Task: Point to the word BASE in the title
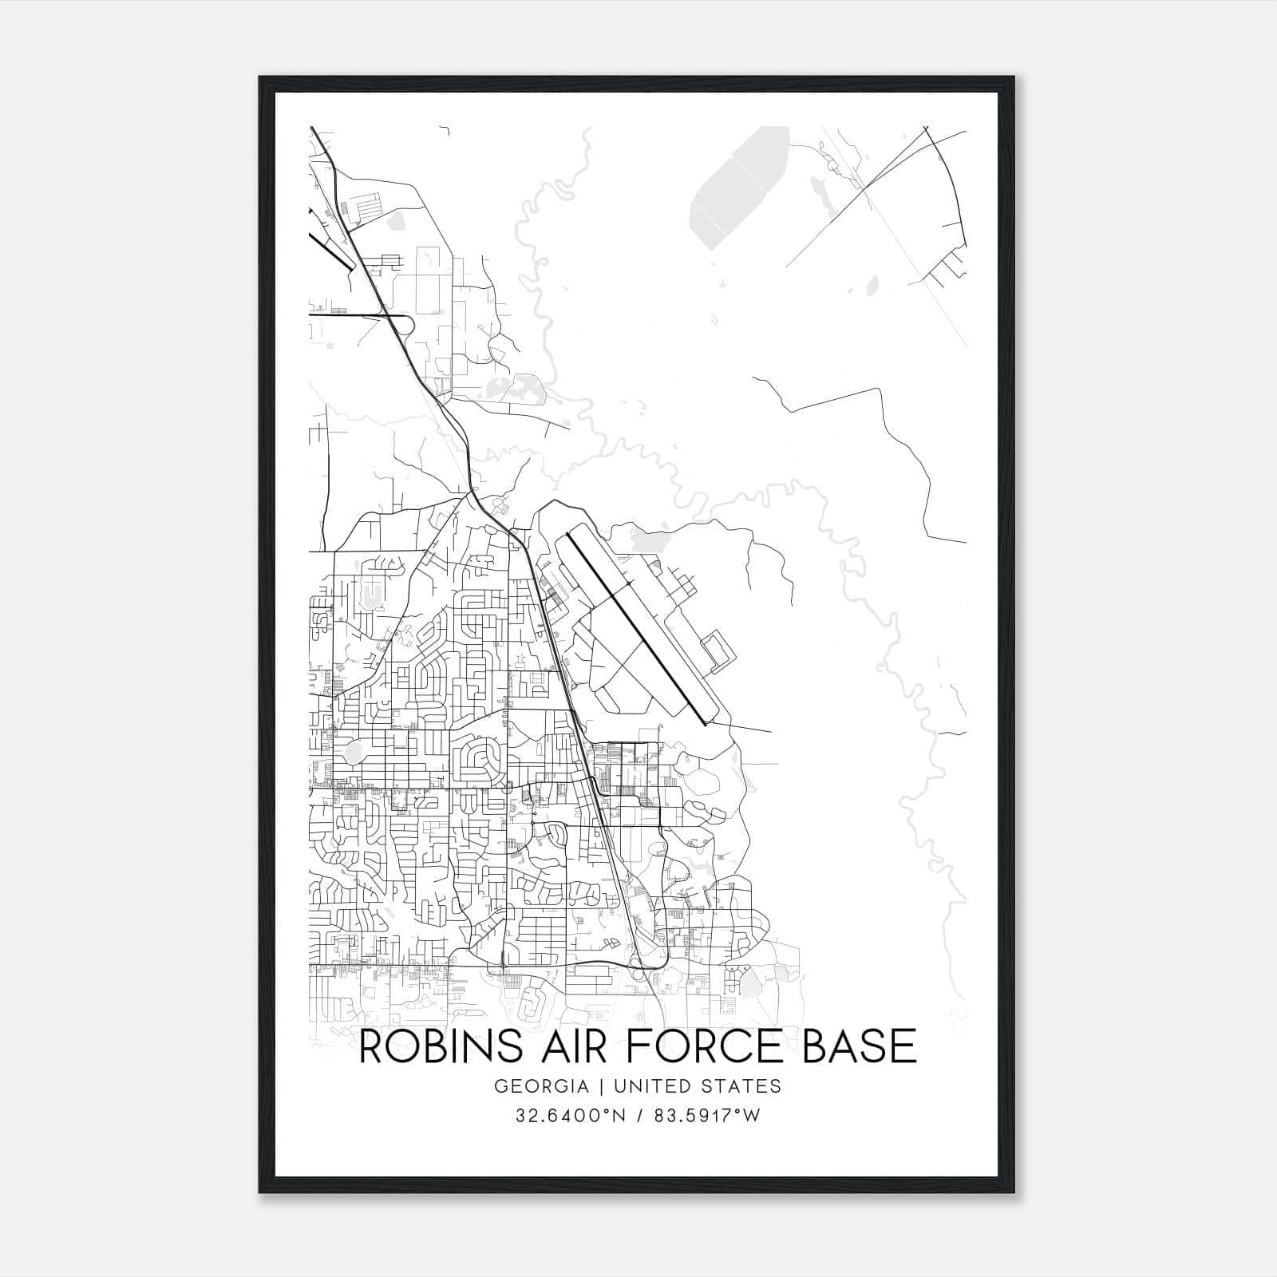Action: click(x=859, y=1046)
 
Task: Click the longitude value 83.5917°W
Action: click(x=707, y=1116)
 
